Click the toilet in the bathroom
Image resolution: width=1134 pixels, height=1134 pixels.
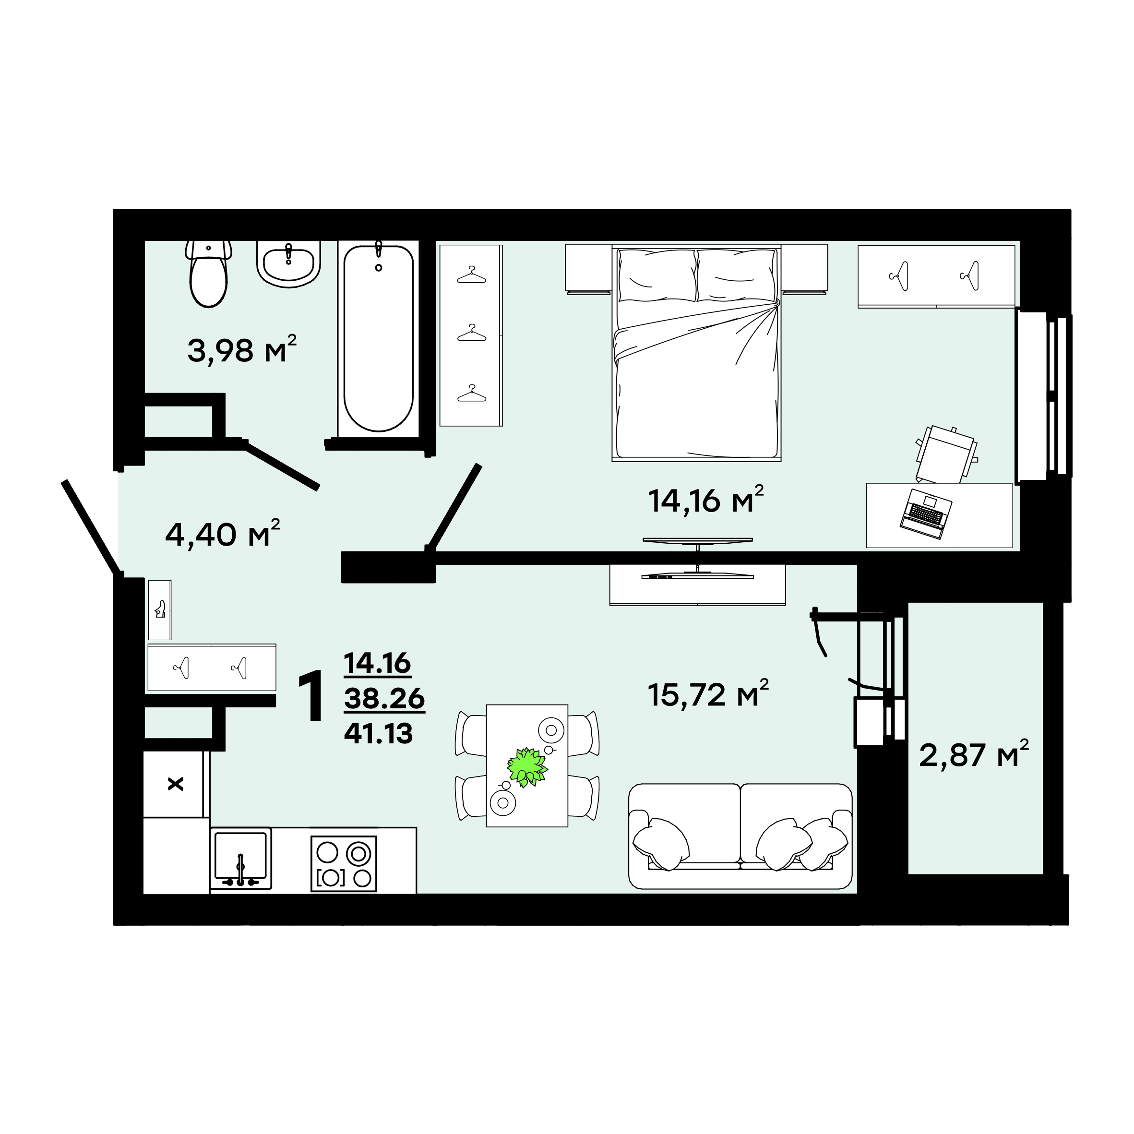click(208, 273)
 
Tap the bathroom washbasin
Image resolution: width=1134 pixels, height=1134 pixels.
click(288, 263)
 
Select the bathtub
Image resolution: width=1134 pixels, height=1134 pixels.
click(379, 339)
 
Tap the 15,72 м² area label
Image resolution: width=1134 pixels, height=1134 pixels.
click(708, 694)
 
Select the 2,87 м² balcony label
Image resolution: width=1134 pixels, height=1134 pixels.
click(974, 754)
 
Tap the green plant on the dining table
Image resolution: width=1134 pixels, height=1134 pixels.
click(527, 766)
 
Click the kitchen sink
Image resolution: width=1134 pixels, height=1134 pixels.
click(240, 858)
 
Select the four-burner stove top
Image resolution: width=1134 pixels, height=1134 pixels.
click(344, 863)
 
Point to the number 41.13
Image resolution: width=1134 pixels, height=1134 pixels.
click(379, 733)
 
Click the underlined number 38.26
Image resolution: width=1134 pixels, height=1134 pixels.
click(384, 698)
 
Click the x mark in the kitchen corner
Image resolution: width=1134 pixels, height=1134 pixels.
click(176, 784)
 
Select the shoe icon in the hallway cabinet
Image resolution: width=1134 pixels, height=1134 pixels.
click(160, 609)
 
